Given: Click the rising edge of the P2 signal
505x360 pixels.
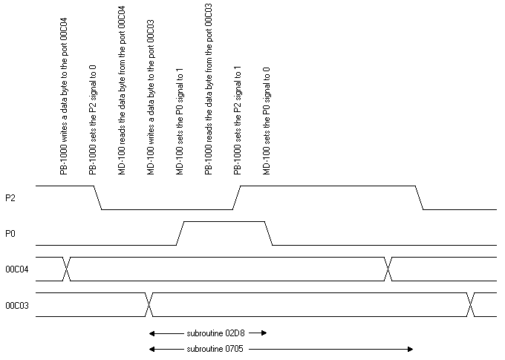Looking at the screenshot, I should pos(237,197).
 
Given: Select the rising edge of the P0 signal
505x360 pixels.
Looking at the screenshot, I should pos(180,233).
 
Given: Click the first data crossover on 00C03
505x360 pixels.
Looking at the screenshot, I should pos(149,305).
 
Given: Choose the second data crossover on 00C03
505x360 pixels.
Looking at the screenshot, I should pos(471,305).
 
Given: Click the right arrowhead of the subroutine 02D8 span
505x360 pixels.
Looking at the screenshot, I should pos(263,333).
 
